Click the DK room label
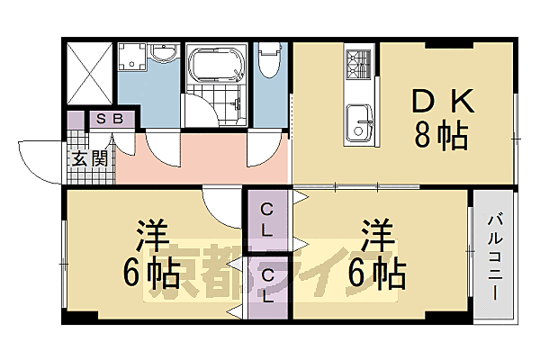pyautogui.click(x=439, y=101)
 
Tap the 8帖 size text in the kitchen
pyautogui.click(x=439, y=136)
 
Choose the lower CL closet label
pyautogui.click(x=267, y=285)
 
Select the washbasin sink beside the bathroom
pyautogui.click(x=163, y=56)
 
